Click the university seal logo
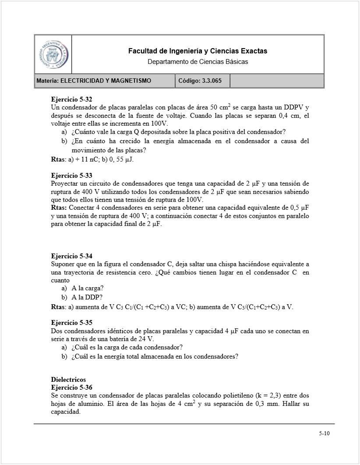(x=53, y=54)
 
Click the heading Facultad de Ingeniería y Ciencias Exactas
(x=198, y=51)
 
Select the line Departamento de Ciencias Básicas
(x=198, y=62)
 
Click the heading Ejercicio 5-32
(x=71, y=99)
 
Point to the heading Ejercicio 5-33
(x=71, y=176)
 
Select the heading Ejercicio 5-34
(x=71, y=256)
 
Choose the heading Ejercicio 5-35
(x=71, y=323)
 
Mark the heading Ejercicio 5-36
(x=71, y=387)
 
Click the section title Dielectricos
(x=68, y=380)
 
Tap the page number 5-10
(x=324, y=433)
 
